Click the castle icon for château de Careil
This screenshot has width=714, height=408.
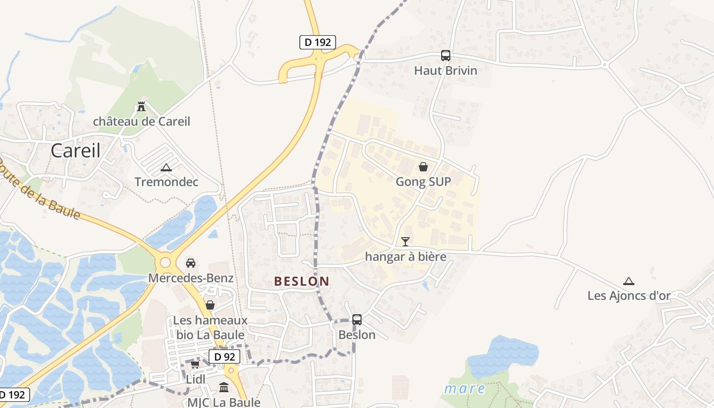coord(141,107)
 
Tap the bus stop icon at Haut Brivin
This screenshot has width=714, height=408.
coord(446,56)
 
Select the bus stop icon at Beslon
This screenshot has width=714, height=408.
coord(357,320)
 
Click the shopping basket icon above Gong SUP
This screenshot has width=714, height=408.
coord(423,167)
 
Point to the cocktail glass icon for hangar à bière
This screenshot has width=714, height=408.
coord(405,241)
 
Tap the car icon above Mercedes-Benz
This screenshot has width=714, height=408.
coord(191,263)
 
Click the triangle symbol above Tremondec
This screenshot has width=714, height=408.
coord(166,167)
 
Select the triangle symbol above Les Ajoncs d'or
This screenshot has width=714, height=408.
coord(629,281)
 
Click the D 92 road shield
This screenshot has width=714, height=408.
coord(224,356)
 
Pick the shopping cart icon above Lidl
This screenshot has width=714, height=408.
coord(195,365)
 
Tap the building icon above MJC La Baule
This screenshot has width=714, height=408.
coord(224,387)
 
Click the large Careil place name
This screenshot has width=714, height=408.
coord(75,150)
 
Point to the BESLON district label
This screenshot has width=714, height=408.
coord(302,281)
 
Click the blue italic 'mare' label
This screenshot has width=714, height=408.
coord(465,389)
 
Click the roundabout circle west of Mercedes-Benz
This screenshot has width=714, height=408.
coord(165,263)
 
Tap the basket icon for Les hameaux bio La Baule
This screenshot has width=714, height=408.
coord(210,305)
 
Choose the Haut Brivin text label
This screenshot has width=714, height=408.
coord(446,70)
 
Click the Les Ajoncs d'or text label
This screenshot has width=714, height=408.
coord(629,295)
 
